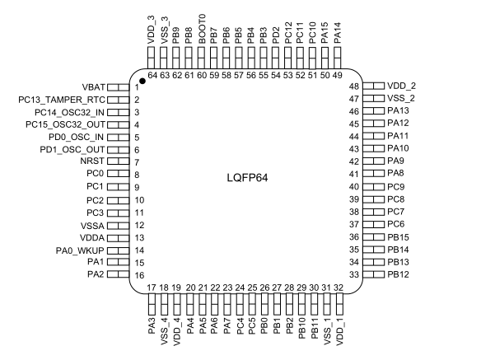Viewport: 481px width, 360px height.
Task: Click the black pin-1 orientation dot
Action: (142, 81)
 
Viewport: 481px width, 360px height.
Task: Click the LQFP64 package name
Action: (247, 178)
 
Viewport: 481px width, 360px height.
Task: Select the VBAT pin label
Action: (94, 87)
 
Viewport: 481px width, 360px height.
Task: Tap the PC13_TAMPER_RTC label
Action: (62, 100)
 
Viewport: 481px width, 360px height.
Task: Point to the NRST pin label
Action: (92, 161)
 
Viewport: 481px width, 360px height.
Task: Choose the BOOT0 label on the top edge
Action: (202, 30)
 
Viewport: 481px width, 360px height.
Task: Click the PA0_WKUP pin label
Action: (80, 250)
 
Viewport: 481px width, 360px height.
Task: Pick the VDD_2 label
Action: (402, 86)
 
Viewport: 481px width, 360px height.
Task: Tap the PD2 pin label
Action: (276, 36)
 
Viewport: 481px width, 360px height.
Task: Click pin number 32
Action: (339, 288)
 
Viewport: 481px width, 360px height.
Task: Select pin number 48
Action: (354, 86)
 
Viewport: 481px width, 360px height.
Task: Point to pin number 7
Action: (137, 162)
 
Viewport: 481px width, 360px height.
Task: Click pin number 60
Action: (202, 75)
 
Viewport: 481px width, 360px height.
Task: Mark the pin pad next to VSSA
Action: (118, 226)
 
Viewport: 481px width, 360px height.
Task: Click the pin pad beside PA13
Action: (373, 110)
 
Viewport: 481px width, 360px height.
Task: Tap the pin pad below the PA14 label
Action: (337, 58)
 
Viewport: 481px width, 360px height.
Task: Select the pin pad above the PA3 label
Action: (152, 304)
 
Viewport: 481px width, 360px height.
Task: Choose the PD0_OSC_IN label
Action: (76, 137)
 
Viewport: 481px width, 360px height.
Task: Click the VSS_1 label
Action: (327, 333)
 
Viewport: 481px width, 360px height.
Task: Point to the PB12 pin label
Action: (398, 274)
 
